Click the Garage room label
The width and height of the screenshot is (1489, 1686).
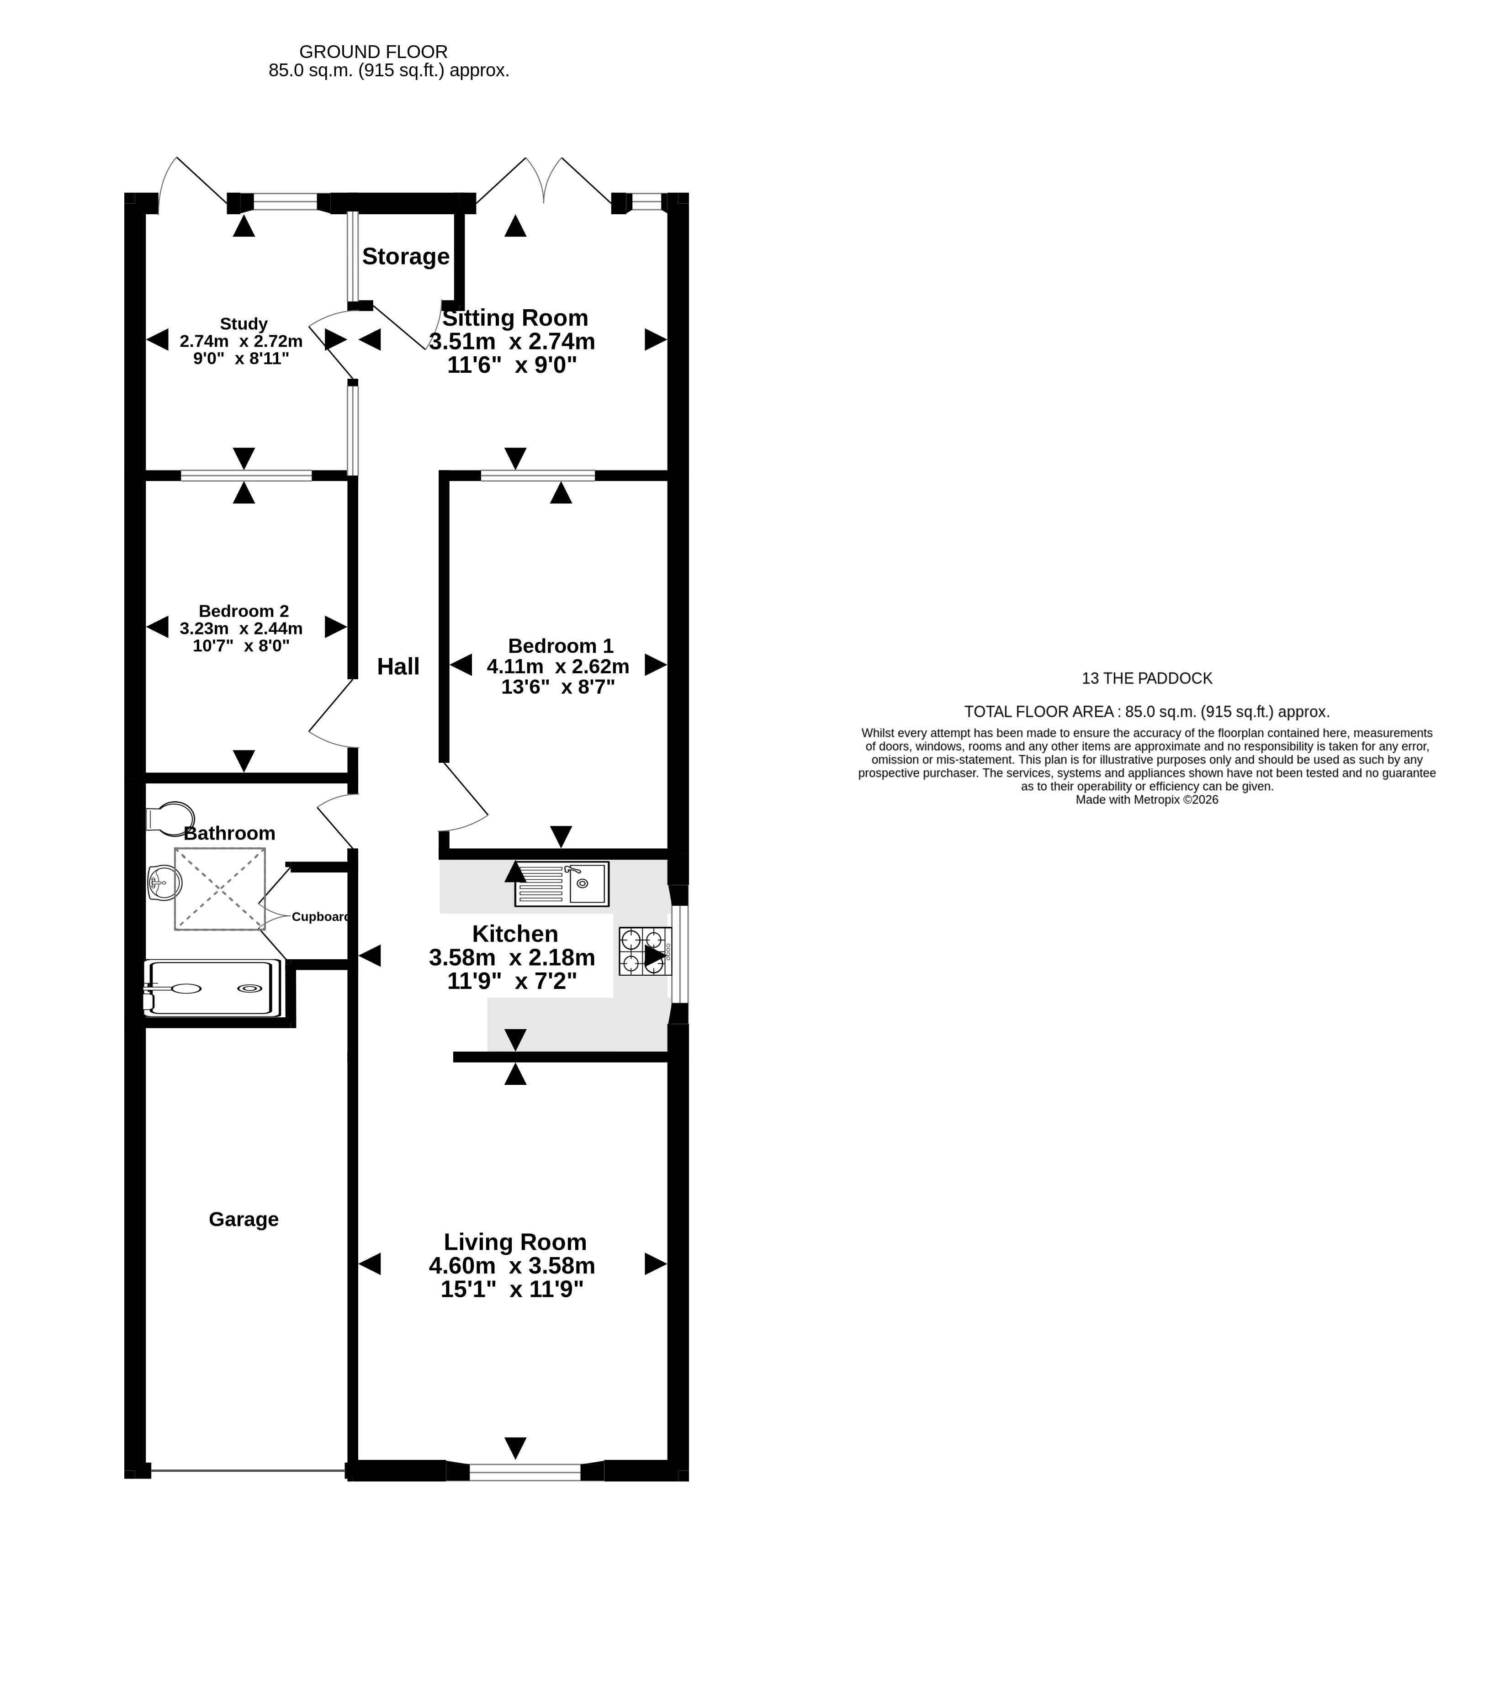coord(244,1219)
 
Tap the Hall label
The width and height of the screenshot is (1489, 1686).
coord(398,666)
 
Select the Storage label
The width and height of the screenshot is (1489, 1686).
coord(406,257)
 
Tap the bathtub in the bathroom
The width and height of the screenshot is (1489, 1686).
coord(212,988)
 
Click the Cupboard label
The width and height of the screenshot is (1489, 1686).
coord(321,916)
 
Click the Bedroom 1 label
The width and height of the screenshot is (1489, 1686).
coord(561,646)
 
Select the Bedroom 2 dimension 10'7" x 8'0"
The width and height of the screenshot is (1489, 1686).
coord(241,646)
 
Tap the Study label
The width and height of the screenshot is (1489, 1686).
coord(244,324)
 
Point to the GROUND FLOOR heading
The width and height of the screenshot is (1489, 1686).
coord(374,52)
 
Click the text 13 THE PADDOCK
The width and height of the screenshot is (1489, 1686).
coord(1147,679)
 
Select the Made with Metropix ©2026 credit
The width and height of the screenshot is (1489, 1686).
coord(1147,799)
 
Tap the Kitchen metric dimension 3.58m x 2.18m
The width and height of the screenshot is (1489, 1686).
coord(511,958)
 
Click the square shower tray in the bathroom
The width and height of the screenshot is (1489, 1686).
coord(220,889)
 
